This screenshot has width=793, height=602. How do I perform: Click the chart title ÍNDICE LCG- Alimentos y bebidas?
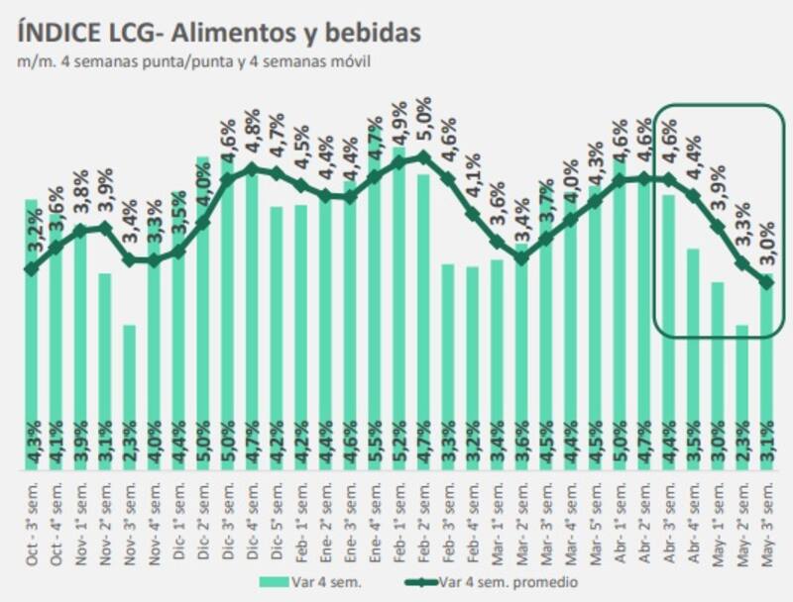click(x=219, y=33)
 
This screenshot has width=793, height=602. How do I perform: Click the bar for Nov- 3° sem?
click(x=129, y=396)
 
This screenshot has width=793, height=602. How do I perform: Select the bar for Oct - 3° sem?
click(x=31, y=337)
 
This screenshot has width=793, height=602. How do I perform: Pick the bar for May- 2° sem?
click(x=741, y=396)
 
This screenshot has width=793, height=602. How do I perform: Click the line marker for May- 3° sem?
click(x=766, y=283)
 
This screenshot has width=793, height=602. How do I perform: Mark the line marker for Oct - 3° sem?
click(x=31, y=268)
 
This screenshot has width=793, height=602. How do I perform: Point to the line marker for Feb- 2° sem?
click(x=423, y=156)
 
